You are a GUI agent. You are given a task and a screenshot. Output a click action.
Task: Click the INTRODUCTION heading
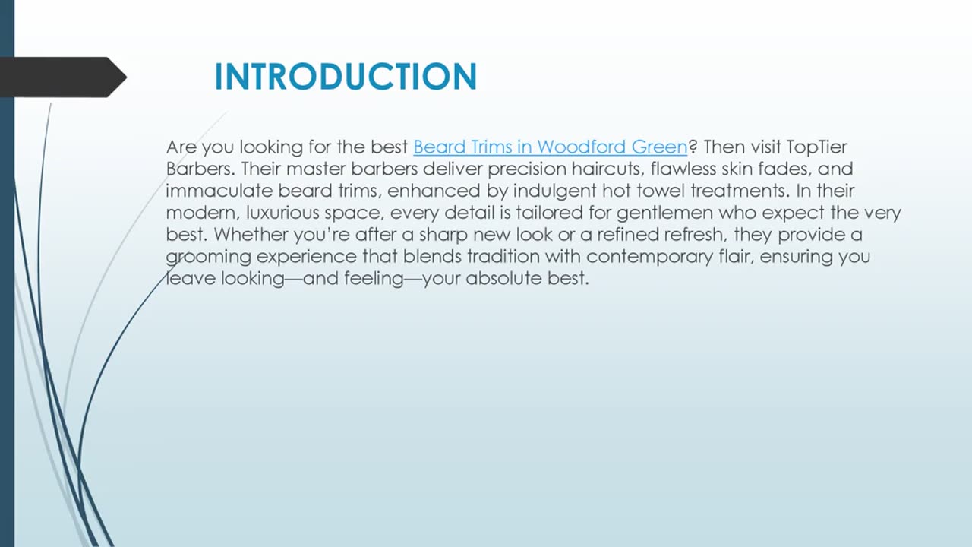click(x=346, y=77)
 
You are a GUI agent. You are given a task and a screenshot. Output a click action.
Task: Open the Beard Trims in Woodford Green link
click(x=550, y=147)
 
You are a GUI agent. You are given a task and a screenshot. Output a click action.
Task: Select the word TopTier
click(x=817, y=147)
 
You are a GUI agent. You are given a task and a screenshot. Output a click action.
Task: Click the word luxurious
click(x=281, y=213)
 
